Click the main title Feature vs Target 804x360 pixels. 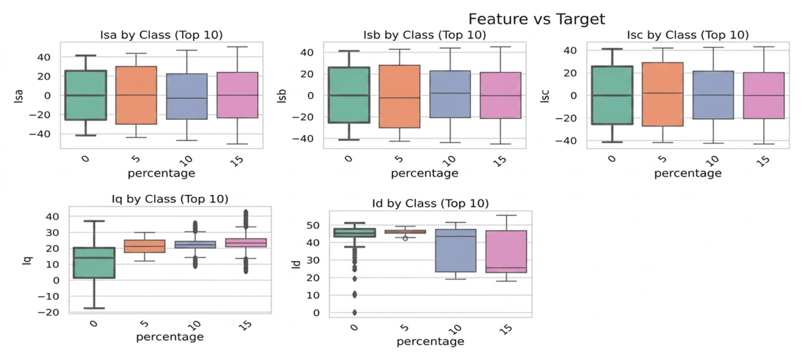point(537,19)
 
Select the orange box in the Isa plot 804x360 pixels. point(136,95)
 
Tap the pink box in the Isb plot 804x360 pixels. point(501,95)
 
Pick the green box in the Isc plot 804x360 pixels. point(613,95)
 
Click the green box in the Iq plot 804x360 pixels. point(94,263)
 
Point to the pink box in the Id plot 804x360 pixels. point(506,252)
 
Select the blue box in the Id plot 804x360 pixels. point(456,251)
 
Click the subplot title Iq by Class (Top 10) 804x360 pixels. point(170,199)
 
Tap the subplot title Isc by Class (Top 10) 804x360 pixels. point(688,35)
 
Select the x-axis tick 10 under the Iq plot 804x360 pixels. point(194,326)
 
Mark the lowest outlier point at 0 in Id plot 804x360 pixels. point(355,312)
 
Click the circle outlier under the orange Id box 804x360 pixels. point(405,238)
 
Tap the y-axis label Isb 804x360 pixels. point(282,96)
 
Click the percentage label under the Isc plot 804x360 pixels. point(688,174)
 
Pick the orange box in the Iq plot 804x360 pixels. point(144,246)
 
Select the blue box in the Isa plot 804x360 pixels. point(186,97)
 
